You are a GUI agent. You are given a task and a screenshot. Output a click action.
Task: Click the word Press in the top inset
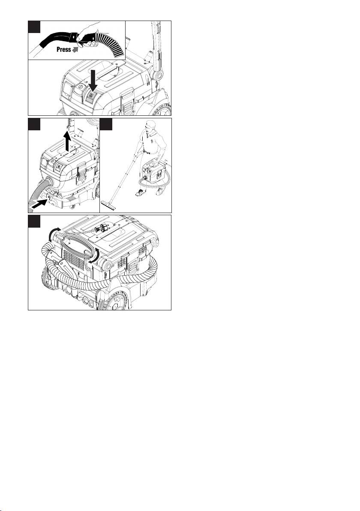63,50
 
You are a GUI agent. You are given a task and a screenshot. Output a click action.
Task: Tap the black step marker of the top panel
34,27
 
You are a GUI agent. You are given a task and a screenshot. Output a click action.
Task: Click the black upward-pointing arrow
67,141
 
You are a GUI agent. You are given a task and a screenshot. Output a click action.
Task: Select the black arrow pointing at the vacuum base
39,203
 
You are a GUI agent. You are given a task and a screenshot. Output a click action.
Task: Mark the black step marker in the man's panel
106,124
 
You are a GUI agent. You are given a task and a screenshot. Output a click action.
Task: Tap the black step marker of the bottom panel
34,221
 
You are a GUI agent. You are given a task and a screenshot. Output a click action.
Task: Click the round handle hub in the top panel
159,76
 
